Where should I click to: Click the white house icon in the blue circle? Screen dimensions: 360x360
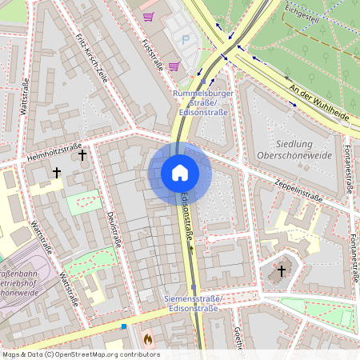(179, 173)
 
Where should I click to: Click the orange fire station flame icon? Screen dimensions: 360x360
(147, 339)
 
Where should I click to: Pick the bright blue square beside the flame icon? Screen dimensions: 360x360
(124, 326)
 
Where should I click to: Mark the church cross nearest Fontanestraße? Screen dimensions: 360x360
(280, 271)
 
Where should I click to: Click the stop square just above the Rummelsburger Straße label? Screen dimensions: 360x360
(212, 81)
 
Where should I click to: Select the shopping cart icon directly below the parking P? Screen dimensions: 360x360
(174, 66)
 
